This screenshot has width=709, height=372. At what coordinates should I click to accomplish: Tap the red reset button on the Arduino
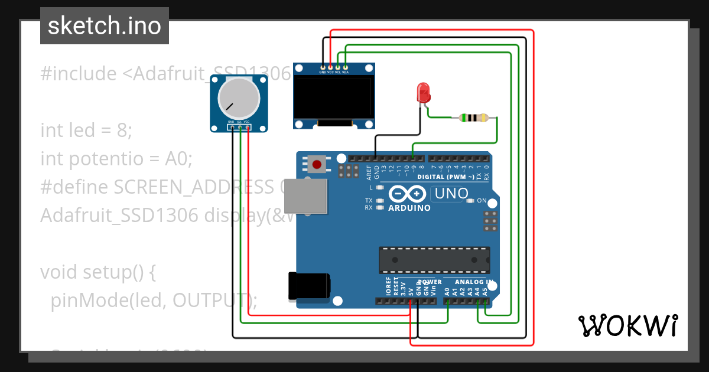[317, 164]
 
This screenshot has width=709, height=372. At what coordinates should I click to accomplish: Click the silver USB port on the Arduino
[305, 197]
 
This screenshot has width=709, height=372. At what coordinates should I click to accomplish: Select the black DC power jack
[308, 286]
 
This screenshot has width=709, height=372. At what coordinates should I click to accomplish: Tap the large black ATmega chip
[434, 260]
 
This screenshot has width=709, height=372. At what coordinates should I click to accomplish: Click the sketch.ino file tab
[105, 26]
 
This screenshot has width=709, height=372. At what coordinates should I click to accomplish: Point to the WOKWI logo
[627, 325]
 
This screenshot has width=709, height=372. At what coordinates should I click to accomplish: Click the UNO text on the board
[451, 193]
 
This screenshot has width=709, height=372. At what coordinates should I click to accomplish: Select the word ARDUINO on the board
[409, 208]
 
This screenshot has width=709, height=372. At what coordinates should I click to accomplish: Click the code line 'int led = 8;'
[86, 130]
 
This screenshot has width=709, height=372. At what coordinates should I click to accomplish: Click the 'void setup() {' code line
[97, 272]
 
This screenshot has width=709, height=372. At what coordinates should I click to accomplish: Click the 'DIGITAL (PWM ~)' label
[445, 177]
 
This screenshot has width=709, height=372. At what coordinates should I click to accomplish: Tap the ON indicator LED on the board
[470, 201]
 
